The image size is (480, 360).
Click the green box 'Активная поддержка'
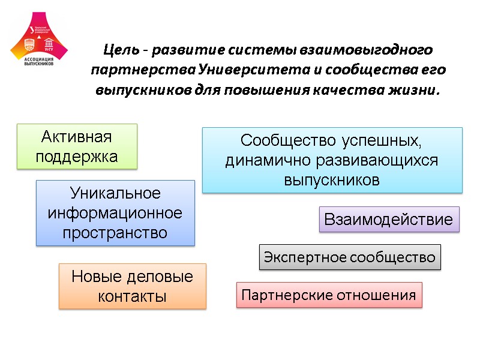[x=77, y=146]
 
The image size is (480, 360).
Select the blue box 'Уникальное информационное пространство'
[x=115, y=213]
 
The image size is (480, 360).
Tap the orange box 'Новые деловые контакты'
[x=132, y=286]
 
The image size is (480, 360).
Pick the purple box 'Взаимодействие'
[x=388, y=219]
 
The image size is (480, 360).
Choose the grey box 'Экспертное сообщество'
[x=350, y=257]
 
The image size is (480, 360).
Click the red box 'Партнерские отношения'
[x=329, y=295]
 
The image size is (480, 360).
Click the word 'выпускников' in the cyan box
[x=332, y=180]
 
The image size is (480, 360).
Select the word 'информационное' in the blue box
[x=115, y=213]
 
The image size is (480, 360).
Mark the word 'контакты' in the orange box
[x=132, y=296]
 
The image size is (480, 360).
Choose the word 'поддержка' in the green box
[x=77, y=157]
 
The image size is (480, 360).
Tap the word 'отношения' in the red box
[x=377, y=295]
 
